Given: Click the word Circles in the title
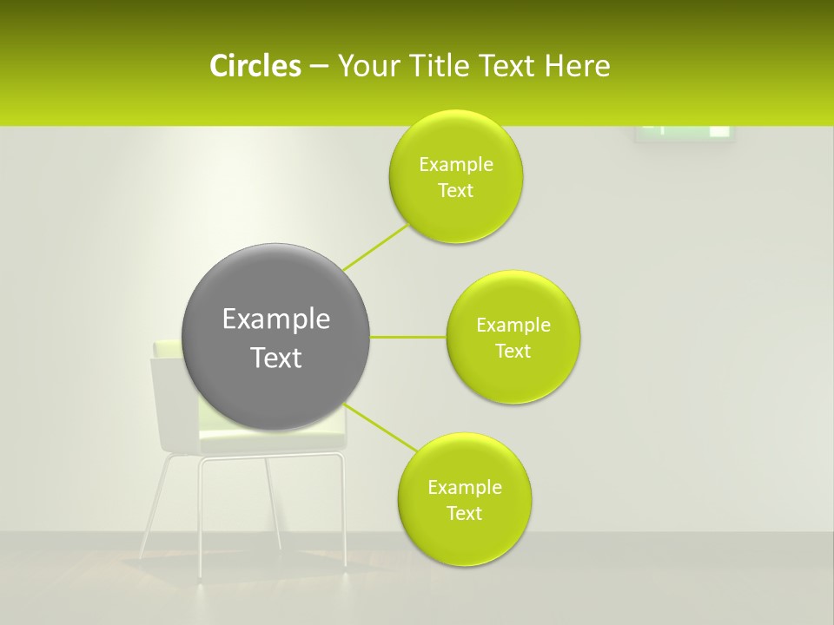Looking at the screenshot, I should pos(255,66).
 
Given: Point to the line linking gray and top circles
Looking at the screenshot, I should pos(375,247).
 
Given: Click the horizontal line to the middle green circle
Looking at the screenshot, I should pos(407,337).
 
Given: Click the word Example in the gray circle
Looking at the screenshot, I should pos(276,319).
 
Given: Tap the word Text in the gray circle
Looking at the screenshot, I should pos(276,358).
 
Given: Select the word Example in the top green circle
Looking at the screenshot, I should pos(455,165).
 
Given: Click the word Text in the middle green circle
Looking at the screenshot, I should pos(513,352).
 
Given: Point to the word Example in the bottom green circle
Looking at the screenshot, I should pos(465,488).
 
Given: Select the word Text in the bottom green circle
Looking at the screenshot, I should pos(465,514).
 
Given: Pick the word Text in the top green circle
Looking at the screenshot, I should pos(455,191).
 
